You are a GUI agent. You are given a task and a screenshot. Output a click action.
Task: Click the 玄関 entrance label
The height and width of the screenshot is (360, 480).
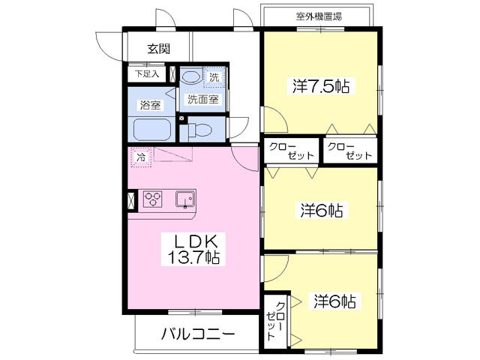pos(158,49)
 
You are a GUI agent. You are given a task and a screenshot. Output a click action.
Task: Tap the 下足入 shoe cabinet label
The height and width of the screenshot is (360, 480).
pos(147,75)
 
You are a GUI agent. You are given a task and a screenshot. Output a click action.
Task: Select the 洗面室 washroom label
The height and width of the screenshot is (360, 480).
pos(202,98)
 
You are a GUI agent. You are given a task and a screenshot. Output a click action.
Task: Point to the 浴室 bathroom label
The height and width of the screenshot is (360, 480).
pos(150,105)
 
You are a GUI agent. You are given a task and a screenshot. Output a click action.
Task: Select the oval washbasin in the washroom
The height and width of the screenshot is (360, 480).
pos(191,77)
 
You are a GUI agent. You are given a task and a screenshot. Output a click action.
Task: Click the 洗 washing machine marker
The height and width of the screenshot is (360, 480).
pos(214,76)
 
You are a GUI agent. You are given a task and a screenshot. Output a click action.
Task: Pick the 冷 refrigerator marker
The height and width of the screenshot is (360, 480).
pos(140,157)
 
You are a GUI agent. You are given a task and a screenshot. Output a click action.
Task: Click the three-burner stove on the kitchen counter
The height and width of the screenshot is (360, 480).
pos(154,199)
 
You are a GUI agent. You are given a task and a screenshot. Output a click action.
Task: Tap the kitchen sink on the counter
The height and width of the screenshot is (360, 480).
pos(184,199)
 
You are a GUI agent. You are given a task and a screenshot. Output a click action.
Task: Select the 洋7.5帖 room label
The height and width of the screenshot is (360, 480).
pos(321,86)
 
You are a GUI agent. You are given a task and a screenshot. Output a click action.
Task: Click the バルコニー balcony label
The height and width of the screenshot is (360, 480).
pos(198,334)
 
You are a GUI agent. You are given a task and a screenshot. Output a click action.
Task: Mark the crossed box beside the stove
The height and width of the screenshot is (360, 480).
pos(133,199)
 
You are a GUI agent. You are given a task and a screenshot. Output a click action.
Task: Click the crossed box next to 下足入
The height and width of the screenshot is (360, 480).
pos(173,75)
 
